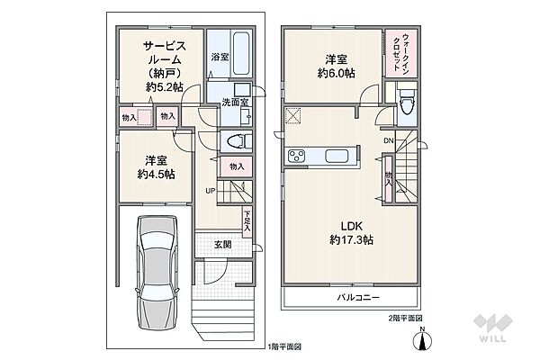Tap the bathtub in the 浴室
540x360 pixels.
click(241, 54)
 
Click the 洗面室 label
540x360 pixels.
click(235, 102)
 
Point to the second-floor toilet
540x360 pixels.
click(407, 100)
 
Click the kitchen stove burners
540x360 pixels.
click(296, 156)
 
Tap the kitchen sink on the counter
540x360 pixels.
click(337, 156)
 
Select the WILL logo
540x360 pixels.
click(492, 328)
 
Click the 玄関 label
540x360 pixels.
click(223, 245)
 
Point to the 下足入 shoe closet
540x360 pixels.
click(247, 221)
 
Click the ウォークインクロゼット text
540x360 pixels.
click(401, 52)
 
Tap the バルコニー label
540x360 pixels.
click(358, 297)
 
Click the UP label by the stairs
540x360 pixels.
click(210, 191)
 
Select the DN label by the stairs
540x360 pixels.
click(389, 140)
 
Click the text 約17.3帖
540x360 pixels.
click(351, 239)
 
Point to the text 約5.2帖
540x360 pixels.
click(165, 86)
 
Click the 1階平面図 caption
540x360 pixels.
click(284, 346)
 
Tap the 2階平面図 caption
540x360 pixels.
click(403, 318)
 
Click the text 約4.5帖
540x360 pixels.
click(156, 174)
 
